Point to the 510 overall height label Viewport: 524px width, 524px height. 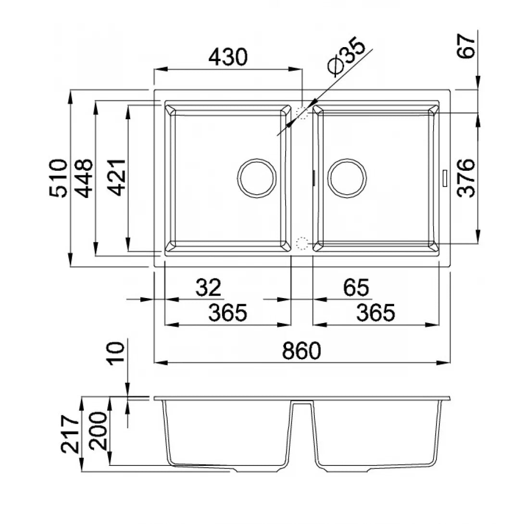(x=58, y=178)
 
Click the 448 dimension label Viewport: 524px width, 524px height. (x=83, y=178)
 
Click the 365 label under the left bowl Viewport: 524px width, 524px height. (x=228, y=312)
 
